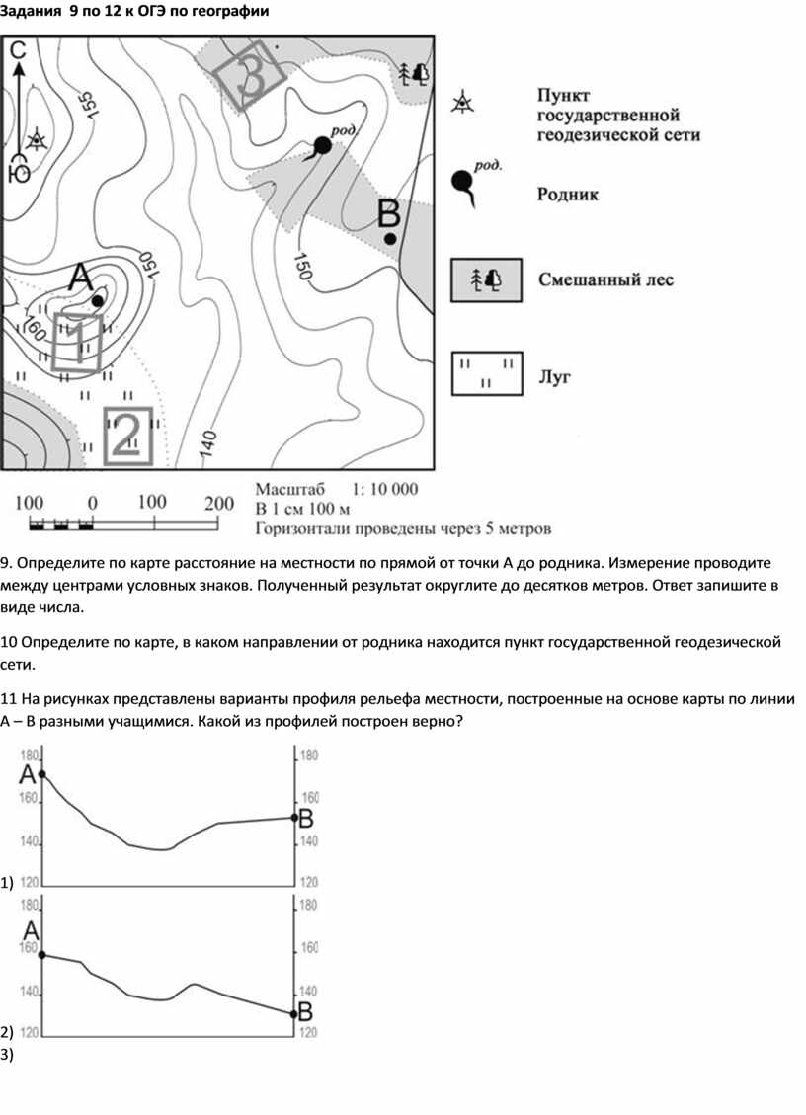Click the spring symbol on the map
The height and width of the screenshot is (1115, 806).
point(321,147)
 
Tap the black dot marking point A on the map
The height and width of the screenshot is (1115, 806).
point(97,300)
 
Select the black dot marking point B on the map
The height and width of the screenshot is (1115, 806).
point(390,238)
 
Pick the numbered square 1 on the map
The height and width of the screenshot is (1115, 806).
point(78,341)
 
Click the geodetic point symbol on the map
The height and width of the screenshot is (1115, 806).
point(38,139)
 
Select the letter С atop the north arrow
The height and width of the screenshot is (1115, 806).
point(19,49)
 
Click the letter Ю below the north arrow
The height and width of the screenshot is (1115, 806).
point(19,175)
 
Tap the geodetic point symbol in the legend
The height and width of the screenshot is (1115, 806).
point(462,102)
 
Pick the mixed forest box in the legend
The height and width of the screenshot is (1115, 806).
point(487,279)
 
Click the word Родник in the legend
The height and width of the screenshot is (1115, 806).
point(568,196)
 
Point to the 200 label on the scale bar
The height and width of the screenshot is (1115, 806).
point(218,502)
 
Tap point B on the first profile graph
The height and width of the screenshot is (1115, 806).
point(295,817)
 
